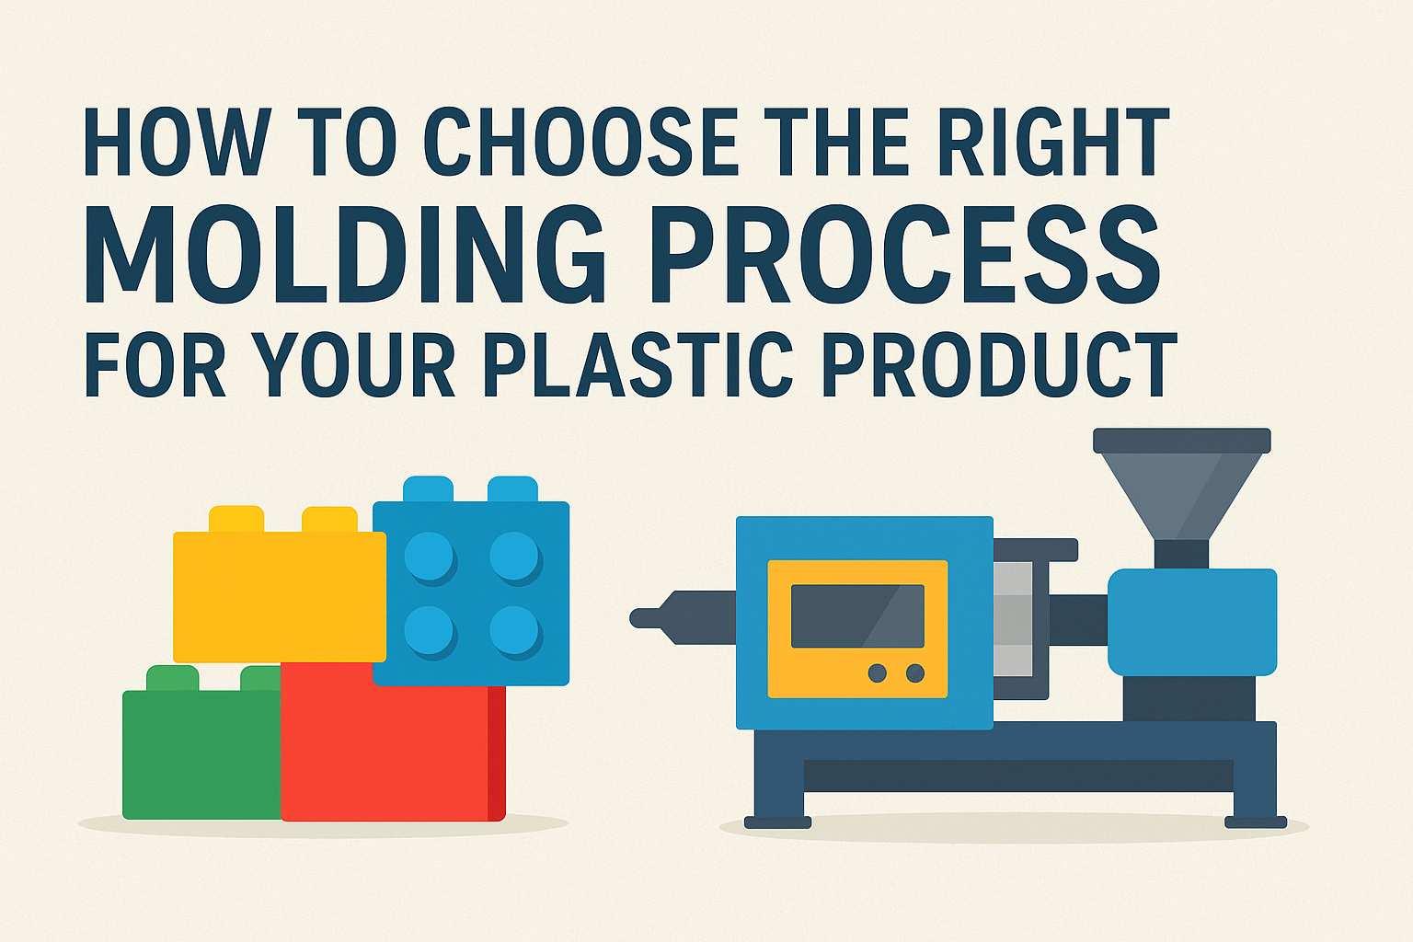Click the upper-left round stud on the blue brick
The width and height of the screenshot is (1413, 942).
pos(429,557)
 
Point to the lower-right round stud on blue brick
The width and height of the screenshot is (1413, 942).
pos(514,631)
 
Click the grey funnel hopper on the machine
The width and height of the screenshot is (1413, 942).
pos(1181,492)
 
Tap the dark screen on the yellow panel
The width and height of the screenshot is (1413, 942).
pos(857,615)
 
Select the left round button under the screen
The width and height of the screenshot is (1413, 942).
pos(878,673)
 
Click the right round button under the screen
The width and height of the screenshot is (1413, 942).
pos(914,673)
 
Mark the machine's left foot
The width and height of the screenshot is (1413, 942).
pos(777,821)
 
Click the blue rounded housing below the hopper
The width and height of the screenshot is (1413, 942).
pos(1191,622)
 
